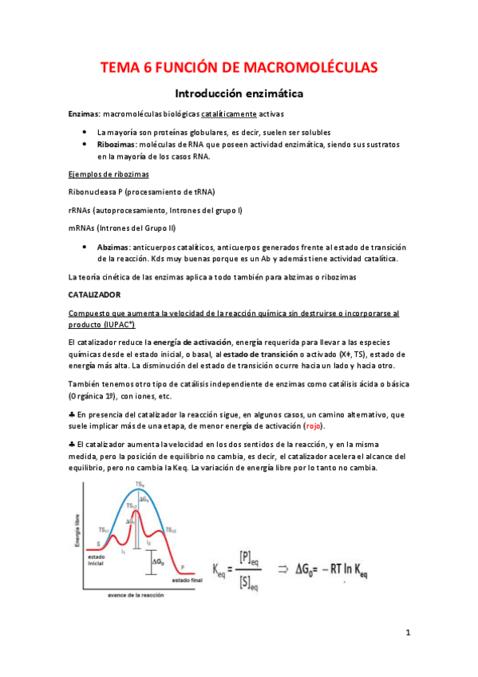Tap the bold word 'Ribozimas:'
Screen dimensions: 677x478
pyautogui.click(x=117, y=144)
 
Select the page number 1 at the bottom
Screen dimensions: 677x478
pyautogui.click(x=407, y=633)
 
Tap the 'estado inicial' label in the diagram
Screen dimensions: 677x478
pyautogui.click(x=97, y=560)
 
